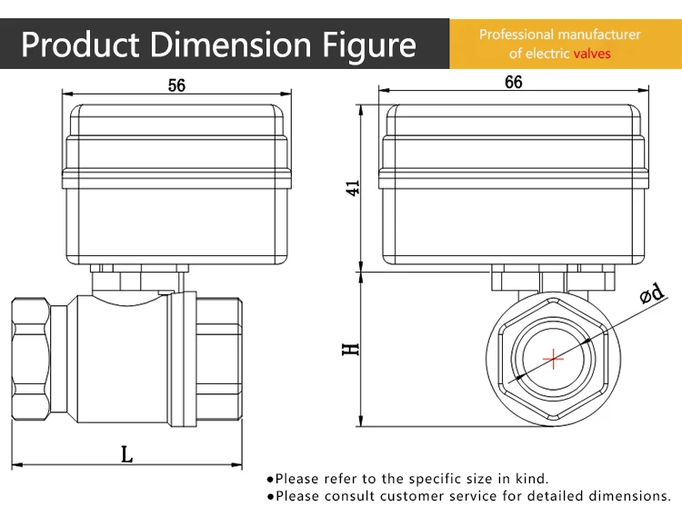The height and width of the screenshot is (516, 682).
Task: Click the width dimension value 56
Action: (x=176, y=85)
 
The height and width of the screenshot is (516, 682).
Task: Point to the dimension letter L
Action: (x=126, y=454)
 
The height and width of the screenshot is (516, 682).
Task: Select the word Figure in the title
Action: (x=368, y=44)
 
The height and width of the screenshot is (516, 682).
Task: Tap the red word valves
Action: (x=592, y=54)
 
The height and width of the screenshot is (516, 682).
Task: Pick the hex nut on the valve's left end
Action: (x=32, y=357)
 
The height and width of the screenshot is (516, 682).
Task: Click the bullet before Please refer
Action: (x=270, y=479)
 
